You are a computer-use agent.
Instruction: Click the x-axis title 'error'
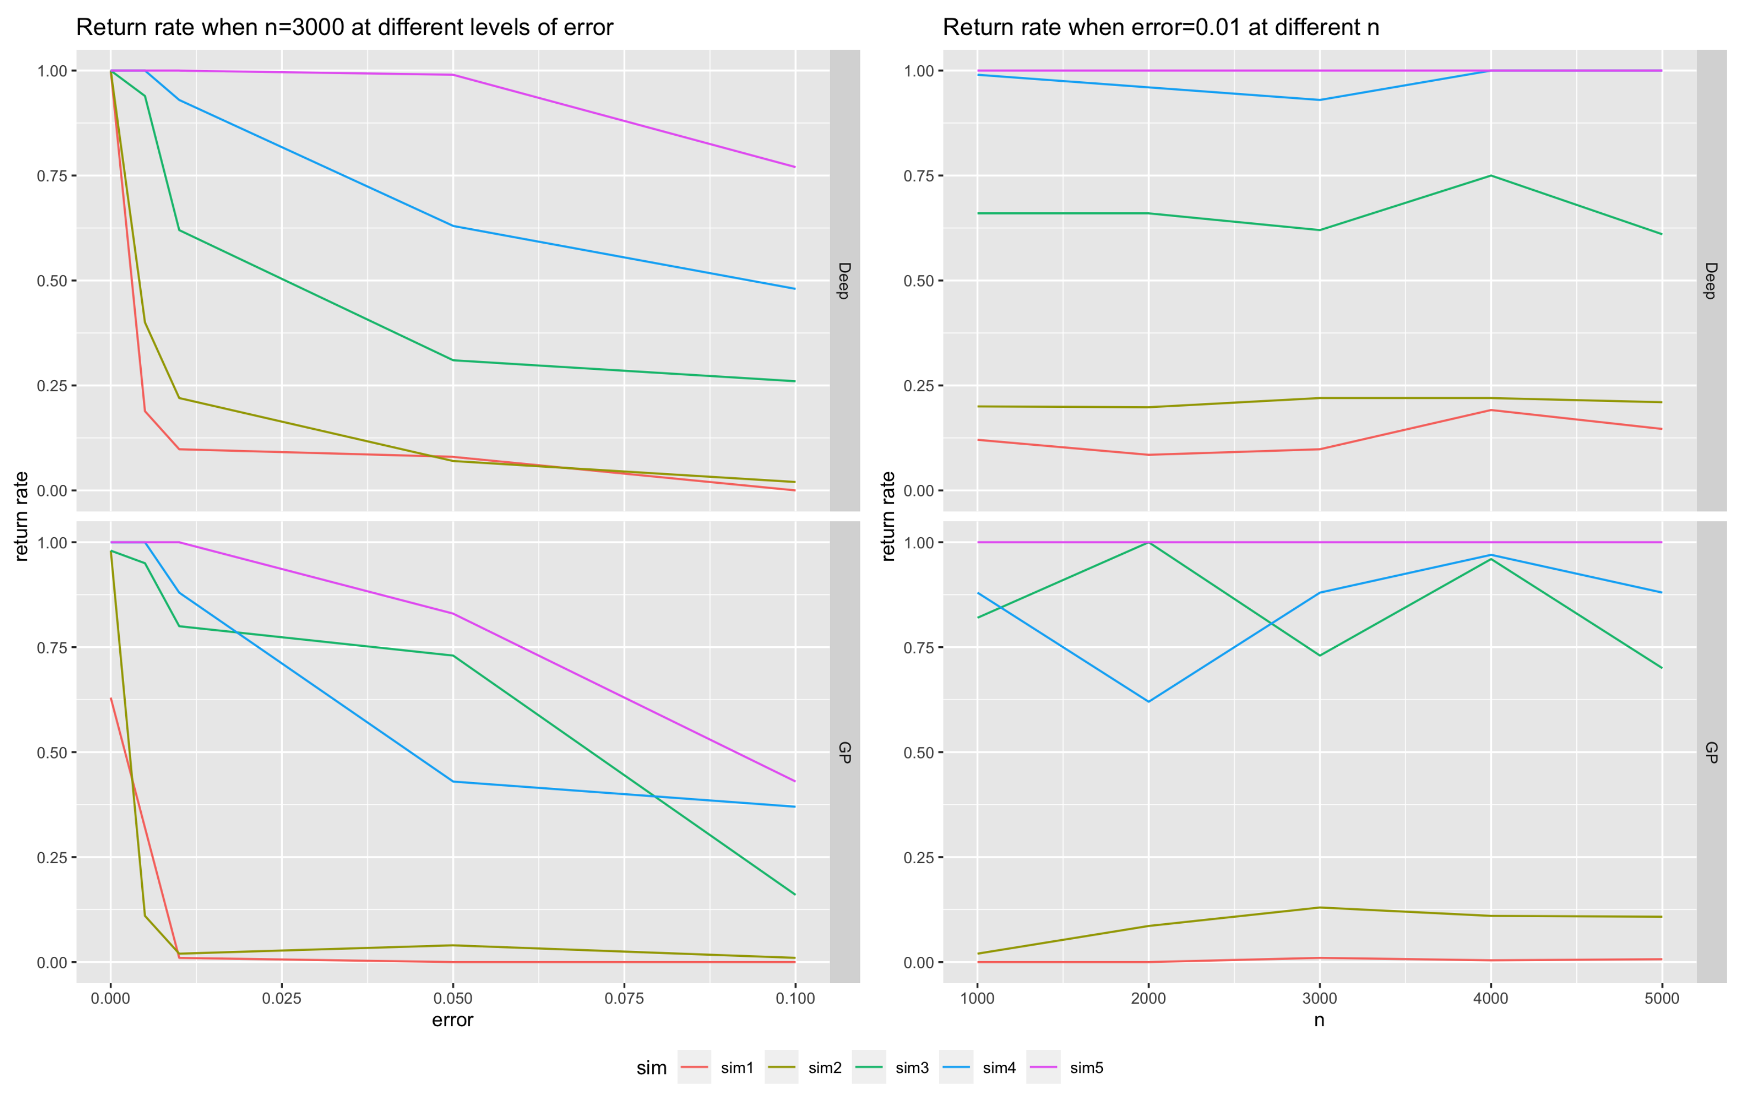coord(453,1020)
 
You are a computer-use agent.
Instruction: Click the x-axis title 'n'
coord(1319,1020)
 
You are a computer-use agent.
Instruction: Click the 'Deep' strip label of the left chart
coord(844,281)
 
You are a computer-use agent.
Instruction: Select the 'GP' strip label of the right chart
coord(1711,752)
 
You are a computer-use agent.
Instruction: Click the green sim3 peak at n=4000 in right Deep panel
coord(1490,175)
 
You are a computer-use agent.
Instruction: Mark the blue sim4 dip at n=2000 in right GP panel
coord(1148,701)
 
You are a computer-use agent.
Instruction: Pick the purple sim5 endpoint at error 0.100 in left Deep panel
coord(795,167)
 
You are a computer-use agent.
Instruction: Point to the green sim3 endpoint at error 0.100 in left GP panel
coord(795,894)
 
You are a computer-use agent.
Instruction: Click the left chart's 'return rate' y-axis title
coord(22,516)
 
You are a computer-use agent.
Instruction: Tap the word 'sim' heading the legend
coord(651,1068)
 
